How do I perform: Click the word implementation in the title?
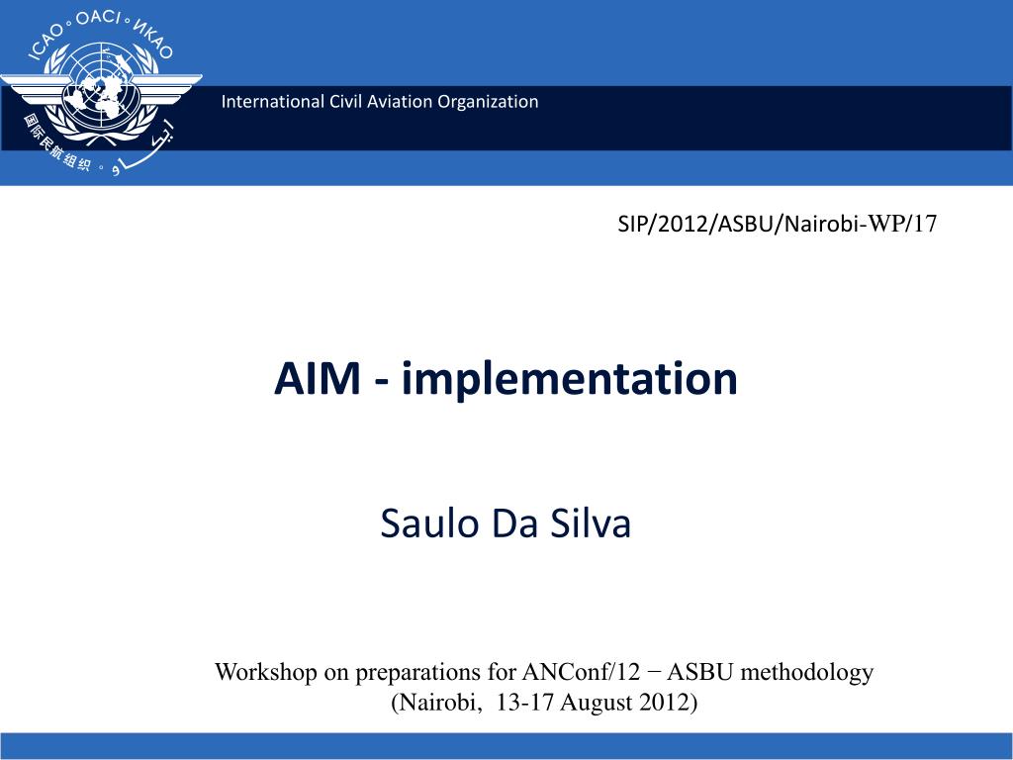(x=570, y=379)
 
